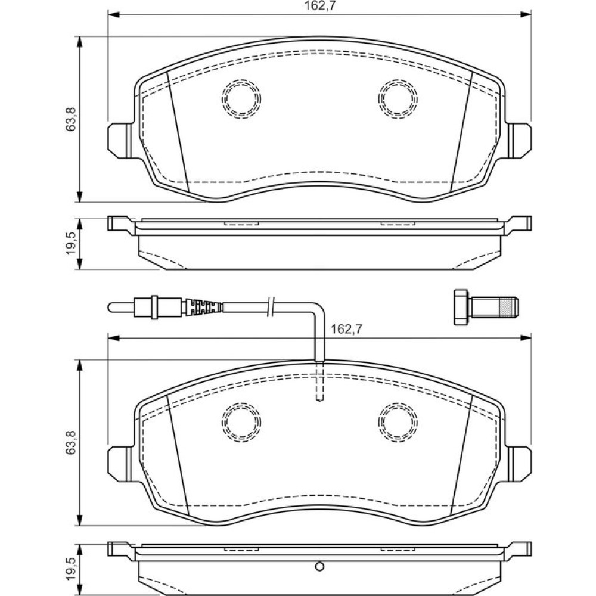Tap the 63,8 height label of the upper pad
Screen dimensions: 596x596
(x=71, y=119)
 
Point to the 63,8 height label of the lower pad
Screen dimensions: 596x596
(x=71, y=443)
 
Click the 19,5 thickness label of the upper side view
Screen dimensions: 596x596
(x=71, y=244)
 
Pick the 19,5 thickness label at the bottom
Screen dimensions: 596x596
(x=71, y=569)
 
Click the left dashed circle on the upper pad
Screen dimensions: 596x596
(x=241, y=99)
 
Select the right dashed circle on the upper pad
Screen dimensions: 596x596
(x=398, y=99)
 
